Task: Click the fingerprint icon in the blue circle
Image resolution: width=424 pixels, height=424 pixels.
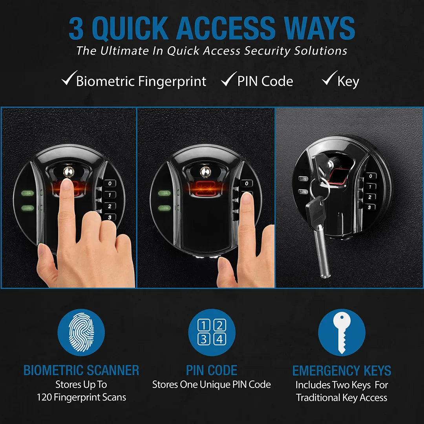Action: (81, 332)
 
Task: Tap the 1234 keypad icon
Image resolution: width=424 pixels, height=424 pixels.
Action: (212, 332)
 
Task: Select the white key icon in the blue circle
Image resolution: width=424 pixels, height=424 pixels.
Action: (342, 332)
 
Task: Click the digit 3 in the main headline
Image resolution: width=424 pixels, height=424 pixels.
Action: (77, 29)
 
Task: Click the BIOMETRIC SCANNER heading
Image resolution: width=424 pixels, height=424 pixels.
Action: (81, 370)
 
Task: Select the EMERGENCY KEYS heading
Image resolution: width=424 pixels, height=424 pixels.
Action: (342, 371)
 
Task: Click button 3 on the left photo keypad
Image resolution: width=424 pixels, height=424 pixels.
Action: (110, 217)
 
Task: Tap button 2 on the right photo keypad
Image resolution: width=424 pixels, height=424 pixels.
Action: (369, 197)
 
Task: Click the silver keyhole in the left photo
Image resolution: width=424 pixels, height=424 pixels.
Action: (68, 172)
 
